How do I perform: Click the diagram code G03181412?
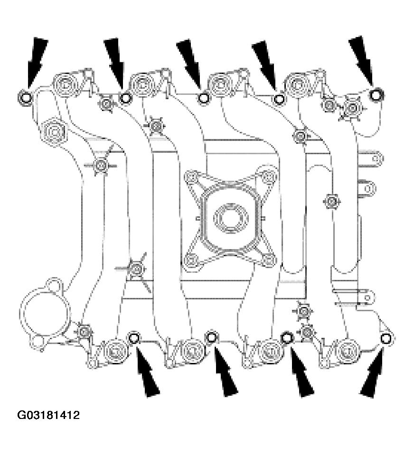[49, 416]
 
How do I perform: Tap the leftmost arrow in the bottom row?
[147, 375]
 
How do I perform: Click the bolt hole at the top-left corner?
[25, 98]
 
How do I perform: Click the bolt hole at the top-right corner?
[376, 95]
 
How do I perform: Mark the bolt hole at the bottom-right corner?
[386, 338]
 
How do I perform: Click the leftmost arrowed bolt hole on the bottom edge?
[134, 338]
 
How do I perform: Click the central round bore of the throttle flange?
[230, 219]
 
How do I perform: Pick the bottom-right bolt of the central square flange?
[269, 259]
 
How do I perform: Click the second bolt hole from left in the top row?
[126, 98]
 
